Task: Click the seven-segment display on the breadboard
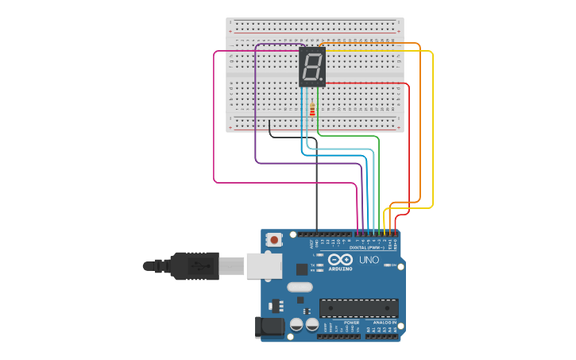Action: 312,67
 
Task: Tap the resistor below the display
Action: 312,110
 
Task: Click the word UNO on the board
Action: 369,260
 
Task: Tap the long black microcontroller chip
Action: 358,308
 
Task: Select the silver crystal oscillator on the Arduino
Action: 300,287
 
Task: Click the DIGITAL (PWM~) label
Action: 369,248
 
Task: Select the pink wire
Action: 215,119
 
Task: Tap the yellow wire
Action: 432,127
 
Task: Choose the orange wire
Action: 419,119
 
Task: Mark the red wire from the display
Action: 408,143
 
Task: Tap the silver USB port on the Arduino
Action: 264,265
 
